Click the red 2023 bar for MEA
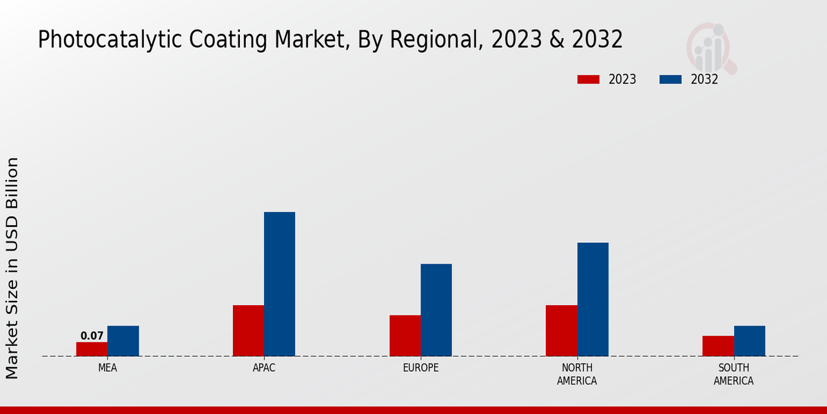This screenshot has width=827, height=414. coord(92,349)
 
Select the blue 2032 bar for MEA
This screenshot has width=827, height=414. coord(123,341)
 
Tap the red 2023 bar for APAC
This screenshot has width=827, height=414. coord(248,331)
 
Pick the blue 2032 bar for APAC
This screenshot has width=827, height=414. coord(279,284)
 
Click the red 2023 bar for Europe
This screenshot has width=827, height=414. coord(405,335)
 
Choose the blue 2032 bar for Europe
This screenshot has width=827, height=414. coord(436,310)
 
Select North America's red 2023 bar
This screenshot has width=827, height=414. coord(561,331)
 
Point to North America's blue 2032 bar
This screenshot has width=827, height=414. coord(593,299)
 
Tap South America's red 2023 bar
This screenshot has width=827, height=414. coord(717,346)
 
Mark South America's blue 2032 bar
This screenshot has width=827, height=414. coord(749,341)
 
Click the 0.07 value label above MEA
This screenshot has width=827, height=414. coord(92,336)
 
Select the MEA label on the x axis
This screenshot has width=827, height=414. coord(108,368)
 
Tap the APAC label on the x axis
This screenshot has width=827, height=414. coord(264,368)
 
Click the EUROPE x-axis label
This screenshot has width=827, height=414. coord(420,368)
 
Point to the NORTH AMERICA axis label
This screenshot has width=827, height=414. coord(577,374)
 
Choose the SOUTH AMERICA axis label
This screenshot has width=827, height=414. coord(733,374)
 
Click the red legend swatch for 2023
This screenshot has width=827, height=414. coord(589,79)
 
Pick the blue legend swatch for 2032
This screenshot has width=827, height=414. coord(671,79)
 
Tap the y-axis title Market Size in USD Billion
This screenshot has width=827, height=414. coord(12,268)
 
